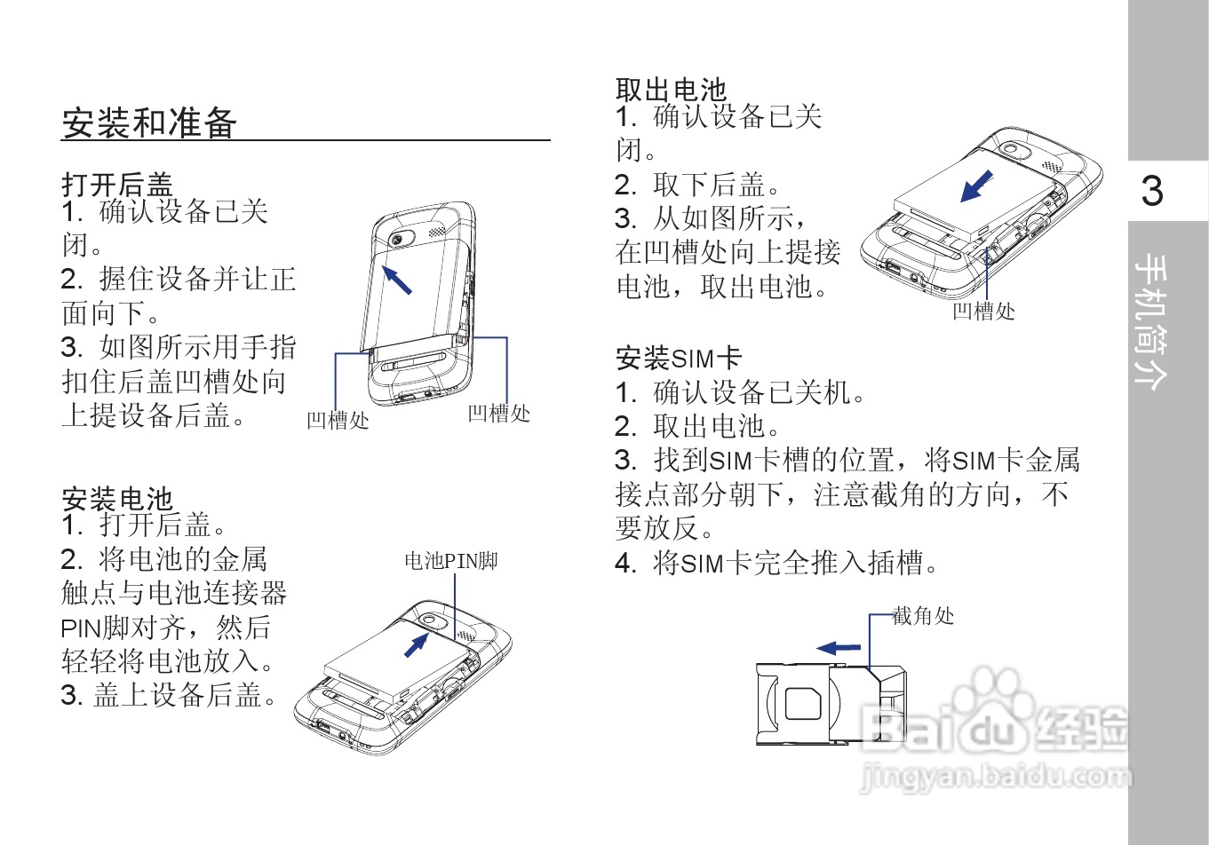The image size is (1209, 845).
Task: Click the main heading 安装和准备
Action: tap(148, 122)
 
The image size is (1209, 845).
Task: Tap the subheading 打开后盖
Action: tap(116, 184)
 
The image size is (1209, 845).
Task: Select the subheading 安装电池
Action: tap(116, 498)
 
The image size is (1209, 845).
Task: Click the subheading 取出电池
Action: tap(671, 90)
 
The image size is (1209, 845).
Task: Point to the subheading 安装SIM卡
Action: tap(678, 358)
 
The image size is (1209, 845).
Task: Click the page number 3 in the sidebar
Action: tap(1151, 191)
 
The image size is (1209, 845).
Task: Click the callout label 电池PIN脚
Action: tap(450, 561)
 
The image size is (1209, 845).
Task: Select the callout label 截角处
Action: tap(923, 615)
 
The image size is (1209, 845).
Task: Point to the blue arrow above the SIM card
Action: tap(839, 648)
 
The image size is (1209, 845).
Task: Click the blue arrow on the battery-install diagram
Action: tap(415, 644)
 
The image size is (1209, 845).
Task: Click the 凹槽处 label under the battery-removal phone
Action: tap(983, 312)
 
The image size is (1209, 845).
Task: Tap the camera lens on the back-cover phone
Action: tap(397, 241)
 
